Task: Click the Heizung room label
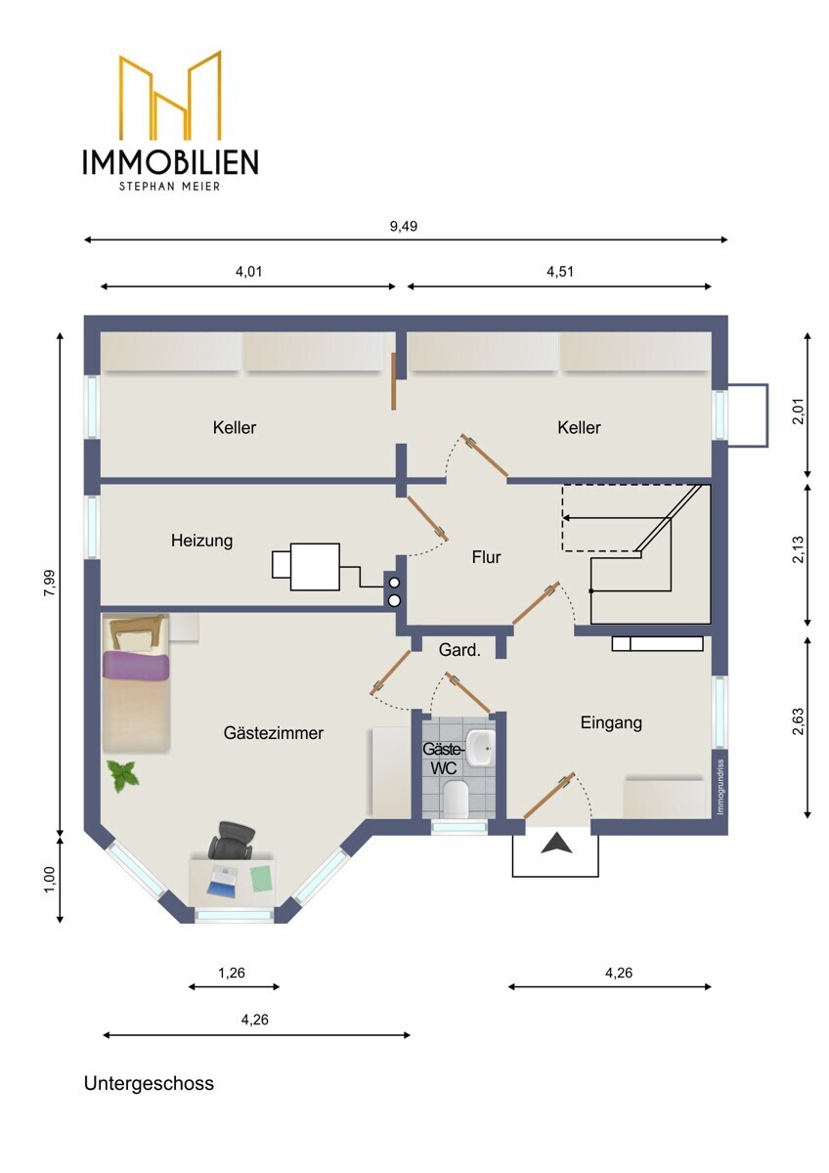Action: (201, 541)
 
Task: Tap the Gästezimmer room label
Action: (274, 732)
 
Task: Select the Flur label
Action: (486, 557)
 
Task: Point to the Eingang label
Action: (611, 723)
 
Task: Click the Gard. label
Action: (459, 650)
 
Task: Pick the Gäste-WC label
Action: (443, 759)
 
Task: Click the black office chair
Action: (232, 840)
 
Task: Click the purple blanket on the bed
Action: (136, 666)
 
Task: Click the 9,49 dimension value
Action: (404, 226)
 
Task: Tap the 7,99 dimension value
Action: (50, 583)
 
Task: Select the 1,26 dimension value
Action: (232, 973)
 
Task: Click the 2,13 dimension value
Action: (798, 549)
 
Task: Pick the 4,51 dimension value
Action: (560, 272)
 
